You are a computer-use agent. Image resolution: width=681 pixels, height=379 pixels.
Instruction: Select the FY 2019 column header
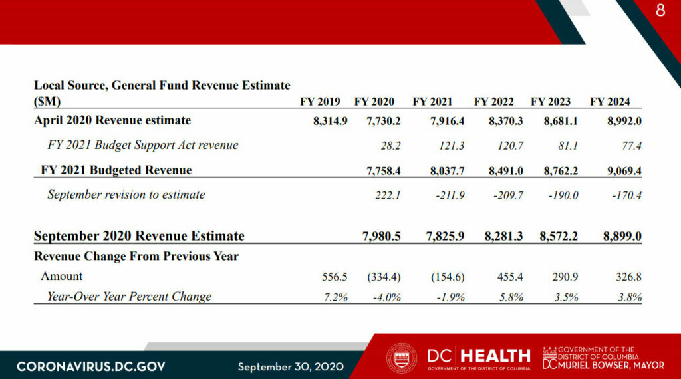(320, 102)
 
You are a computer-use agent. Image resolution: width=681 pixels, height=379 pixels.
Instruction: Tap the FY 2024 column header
(610, 102)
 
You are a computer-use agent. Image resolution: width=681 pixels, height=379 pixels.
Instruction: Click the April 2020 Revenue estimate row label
(112, 120)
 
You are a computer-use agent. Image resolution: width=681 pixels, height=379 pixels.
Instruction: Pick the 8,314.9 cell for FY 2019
(331, 121)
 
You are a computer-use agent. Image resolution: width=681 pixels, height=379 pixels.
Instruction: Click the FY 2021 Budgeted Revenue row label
(116, 170)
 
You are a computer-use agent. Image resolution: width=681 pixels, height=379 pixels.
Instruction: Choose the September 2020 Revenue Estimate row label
(139, 236)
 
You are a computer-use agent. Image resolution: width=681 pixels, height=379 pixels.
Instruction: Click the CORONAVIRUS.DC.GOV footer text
(91, 366)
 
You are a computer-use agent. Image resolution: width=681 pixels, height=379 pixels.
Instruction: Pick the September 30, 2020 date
(291, 366)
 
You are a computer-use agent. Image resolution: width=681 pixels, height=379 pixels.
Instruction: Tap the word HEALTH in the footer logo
(495, 356)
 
